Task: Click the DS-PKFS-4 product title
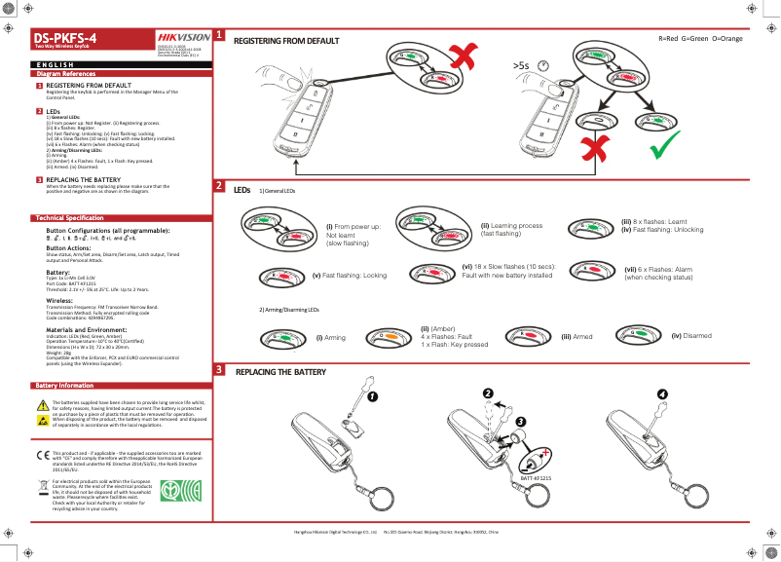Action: (x=66, y=37)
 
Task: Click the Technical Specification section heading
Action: (x=69, y=217)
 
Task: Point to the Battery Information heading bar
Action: (x=64, y=386)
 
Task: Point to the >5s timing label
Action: (x=521, y=65)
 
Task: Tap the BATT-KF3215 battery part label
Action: (x=536, y=478)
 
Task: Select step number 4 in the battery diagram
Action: (x=662, y=393)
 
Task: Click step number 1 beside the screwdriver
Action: (x=370, y=396)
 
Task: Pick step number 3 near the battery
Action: (x=521, y=421)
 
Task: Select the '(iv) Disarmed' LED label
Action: (x=690, y=335)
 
